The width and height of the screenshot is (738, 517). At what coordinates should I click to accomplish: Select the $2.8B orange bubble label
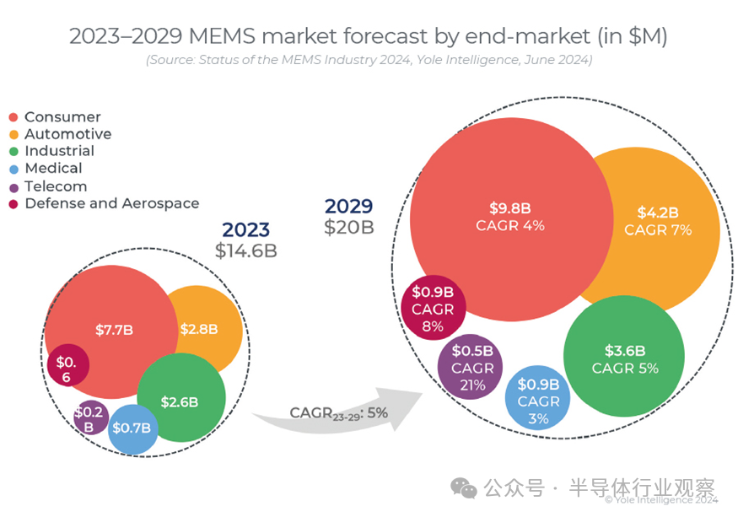pos(199,330)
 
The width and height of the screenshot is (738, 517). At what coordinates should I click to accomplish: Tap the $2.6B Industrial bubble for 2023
pos(180,401)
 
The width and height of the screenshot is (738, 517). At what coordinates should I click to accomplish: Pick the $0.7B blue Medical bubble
pos(133,428)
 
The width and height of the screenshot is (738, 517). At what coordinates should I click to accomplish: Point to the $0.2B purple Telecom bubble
pos(89,417)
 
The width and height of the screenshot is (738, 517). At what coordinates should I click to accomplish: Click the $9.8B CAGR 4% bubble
pos(509,217)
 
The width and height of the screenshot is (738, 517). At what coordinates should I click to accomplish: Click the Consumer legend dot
pos(13,117)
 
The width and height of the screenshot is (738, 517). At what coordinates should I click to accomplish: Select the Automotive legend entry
pos(67,134)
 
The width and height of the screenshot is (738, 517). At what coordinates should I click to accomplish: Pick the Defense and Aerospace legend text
pos(111,203)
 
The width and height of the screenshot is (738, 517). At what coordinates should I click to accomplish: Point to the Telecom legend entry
pos(56,186)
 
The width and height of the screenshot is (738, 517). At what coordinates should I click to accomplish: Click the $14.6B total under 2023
pos(245,250)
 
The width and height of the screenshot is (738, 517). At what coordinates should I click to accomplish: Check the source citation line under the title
pos(369,60)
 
